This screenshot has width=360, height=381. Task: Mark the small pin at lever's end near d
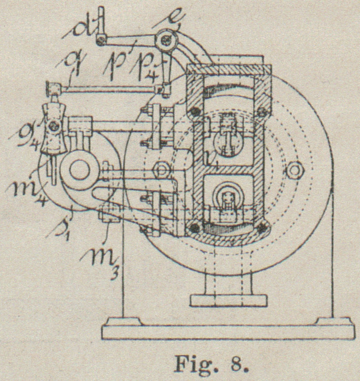tap(100, 40)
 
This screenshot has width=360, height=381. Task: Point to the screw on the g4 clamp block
tap(53, 125)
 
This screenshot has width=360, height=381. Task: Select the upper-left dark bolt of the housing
tap(193, 112)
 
